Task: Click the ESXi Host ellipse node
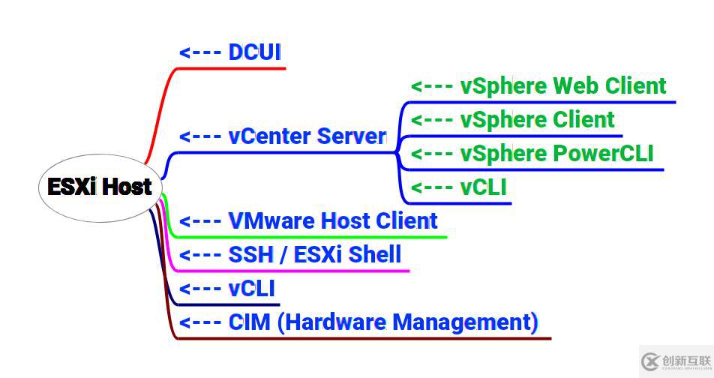coord(100,187)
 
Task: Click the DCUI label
coord(254,52)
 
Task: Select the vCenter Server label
coord(307,136)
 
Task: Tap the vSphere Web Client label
coord(563,86)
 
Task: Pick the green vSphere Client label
coord(537,120)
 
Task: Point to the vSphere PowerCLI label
coord(556,154)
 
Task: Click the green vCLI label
coord(484,187)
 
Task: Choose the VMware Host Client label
coord(333,221)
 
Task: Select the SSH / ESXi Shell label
coord(315,255)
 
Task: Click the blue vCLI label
coord(252,289)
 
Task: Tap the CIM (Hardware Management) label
coord(383,322)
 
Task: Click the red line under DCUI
coord(232,68)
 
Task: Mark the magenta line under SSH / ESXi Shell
coord(292,271)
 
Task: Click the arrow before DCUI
coord(200,53)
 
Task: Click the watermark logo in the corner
coord(674,361)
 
